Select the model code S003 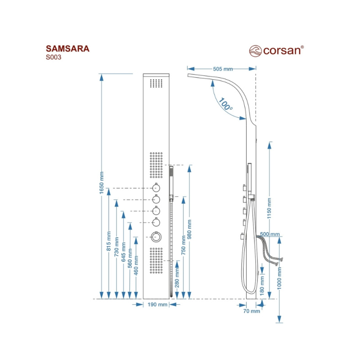tap(54, 57)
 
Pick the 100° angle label tap(226, 105)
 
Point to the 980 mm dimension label tap(190, 229)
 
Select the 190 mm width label tap(157, 305)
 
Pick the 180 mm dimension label tap(262, 283)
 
